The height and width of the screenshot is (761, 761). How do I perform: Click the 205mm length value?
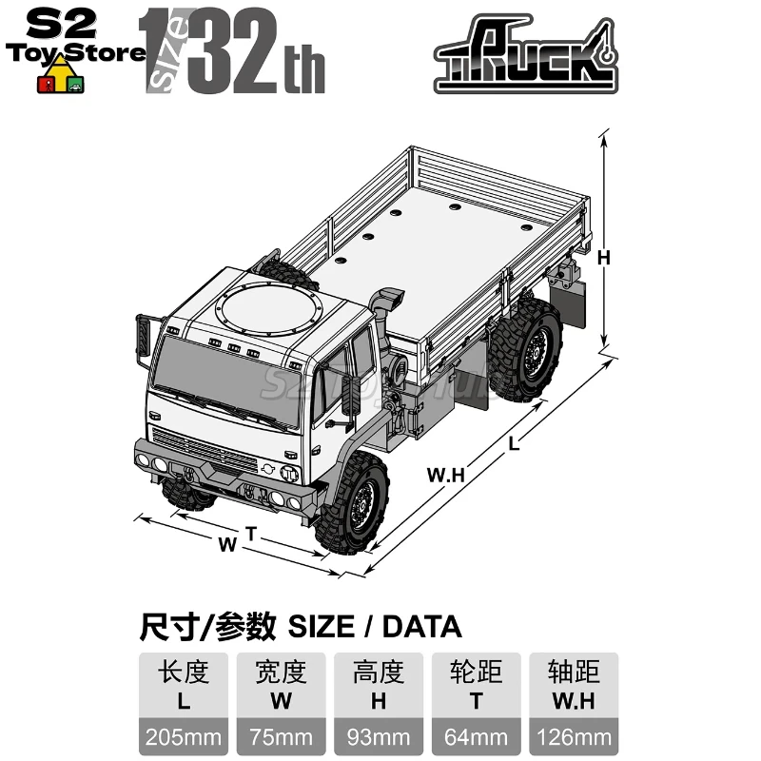click(x=185, y=736)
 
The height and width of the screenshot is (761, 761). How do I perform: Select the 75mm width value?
click(x=282, y=736)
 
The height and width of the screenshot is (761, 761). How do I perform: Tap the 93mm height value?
click(x=380, y=736)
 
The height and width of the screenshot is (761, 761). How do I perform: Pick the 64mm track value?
click(x=477, y=736)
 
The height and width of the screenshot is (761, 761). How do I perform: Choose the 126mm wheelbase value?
click(x=574, y=736)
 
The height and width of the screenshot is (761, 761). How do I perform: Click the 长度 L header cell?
click(x=185, y=686)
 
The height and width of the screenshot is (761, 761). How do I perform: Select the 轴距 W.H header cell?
click(x=574, y=686)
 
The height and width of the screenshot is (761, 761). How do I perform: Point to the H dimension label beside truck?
click(x=602, y=257)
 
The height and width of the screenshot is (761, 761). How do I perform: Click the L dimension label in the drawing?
click(x=515, y=440)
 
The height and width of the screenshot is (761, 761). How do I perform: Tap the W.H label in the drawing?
click(x=443, y=477)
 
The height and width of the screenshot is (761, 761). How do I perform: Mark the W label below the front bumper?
click(x=226, y=545)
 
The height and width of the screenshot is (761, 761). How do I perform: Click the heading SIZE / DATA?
click(x=300, y=627)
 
